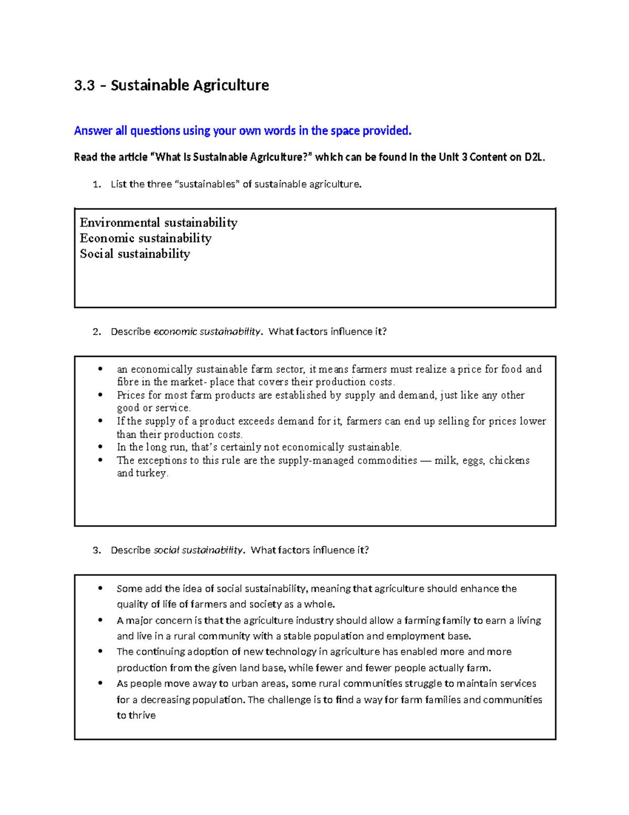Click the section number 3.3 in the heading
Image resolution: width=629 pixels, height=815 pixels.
click(x=84, y=86)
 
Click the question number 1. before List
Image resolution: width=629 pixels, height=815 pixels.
click(x=96, y=185)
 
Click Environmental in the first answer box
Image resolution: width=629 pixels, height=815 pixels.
click(x=120, y=223)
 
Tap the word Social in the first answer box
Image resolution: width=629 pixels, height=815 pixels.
click(x=96, y=254)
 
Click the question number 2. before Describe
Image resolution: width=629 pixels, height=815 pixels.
click(x=96, y=332)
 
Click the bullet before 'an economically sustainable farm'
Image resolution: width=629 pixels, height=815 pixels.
click(x=100, y=369)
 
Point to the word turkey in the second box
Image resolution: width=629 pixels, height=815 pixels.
click(x=151, y=473)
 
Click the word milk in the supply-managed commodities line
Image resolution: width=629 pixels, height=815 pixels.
click(x=445, y=461)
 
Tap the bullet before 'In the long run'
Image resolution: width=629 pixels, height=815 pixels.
click(x=100, y=447)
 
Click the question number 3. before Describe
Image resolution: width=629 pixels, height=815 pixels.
click(x=96, y=551)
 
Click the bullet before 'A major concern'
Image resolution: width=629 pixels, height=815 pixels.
click(x=100, y=620)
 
